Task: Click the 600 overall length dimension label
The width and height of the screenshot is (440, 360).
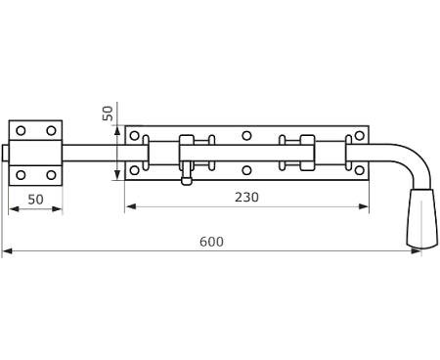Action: pos(211,242)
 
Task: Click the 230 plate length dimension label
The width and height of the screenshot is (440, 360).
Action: pos(246,198)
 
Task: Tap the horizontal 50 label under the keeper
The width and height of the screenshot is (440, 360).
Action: pos(35,200)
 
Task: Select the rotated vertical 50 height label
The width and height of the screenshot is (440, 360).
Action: pos(108,113)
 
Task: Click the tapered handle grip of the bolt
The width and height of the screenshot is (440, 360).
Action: pos(422,219)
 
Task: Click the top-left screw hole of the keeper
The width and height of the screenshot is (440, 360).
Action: pos(21,131)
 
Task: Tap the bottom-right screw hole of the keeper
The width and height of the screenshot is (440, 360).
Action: pos(51,175)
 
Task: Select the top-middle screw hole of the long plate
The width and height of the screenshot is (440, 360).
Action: pos(246,135)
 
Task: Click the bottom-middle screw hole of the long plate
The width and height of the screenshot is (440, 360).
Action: pos(246,170)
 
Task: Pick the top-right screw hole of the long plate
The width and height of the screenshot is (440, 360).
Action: pos(359,135)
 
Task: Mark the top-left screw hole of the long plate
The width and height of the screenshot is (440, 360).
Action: pos(134,136)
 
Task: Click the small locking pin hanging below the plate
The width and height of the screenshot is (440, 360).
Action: pos(187,173)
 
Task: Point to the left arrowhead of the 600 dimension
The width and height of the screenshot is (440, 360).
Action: pos(7,251)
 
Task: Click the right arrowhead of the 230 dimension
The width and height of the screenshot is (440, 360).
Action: pos(364,206)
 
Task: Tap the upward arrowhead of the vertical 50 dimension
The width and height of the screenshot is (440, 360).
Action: pos(116,131)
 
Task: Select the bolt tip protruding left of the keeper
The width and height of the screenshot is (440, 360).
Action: pos(5,153)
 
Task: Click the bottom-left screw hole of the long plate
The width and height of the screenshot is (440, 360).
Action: pos(134,170)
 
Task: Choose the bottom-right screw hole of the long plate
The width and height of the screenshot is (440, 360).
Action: pos(359,170)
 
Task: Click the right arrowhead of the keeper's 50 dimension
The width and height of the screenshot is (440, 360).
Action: pos(57,209)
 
